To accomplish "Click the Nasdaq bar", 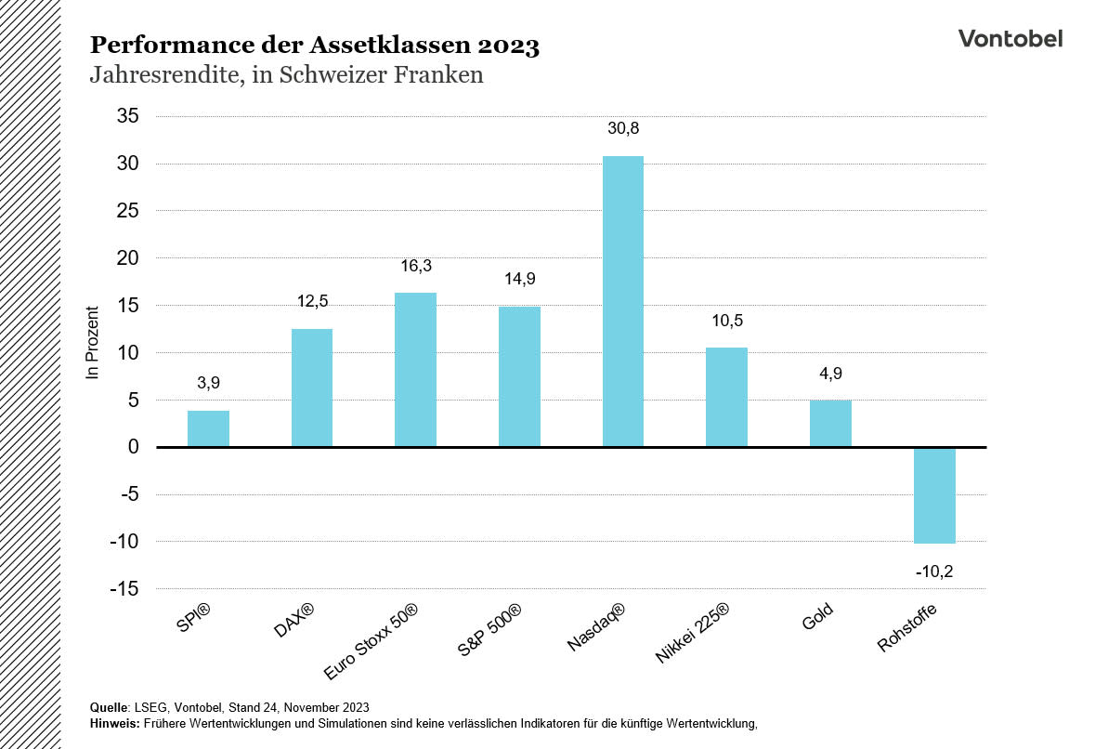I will [622, 301].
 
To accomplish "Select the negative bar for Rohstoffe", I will [934, 494].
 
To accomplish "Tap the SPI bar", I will [208, 428].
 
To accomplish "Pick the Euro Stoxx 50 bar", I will [415, 370].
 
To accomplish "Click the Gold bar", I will [830, 424].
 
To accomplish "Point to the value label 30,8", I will [624, 128].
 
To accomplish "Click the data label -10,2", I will [934, 572].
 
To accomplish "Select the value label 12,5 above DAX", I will [312, 301].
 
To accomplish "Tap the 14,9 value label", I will [518, 279].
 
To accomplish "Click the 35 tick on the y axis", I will [127, 116].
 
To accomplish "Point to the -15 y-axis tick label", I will [124, 589].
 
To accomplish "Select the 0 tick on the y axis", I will [134, 447].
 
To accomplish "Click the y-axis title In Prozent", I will [92, 342].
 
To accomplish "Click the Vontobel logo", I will [1010, 37].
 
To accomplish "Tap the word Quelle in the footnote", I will [109, 706].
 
